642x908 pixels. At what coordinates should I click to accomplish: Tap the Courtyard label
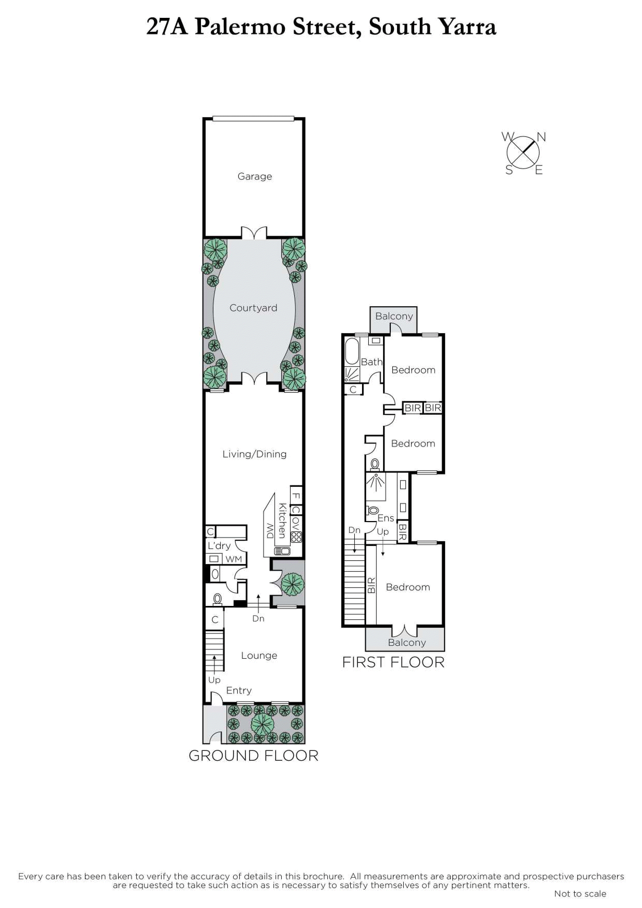(x=253, y=308)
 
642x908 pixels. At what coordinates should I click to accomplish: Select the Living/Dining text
(x=254, y=454)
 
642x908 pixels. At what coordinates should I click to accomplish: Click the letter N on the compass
(x=541, y=137)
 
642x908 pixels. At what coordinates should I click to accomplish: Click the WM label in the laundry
(x=233, y=559)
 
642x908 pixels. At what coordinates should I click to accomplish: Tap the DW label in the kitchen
(x=270, y=531)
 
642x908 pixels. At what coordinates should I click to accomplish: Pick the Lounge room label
(x=259, y=655)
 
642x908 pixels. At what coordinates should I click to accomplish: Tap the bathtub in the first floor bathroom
(x=352, y=351)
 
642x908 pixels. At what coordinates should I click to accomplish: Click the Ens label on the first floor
(x=386, y=518)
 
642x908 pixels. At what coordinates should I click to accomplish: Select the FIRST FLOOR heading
(x=393, y=662)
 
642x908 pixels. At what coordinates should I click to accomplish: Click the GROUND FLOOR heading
(x=254, y=756)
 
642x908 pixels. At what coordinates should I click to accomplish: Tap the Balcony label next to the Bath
(x=394, y=316)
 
